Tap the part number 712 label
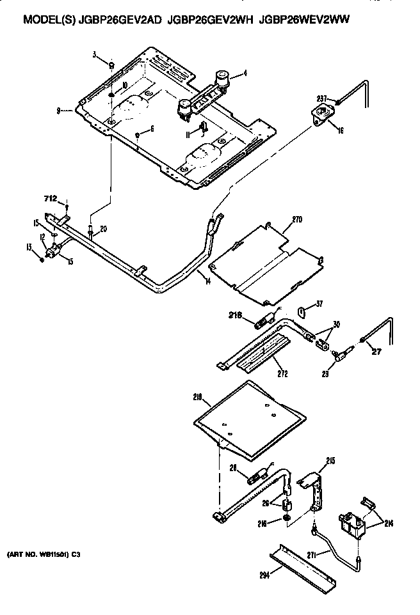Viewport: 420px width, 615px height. tap(50, 199)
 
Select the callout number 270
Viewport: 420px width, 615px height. tap(296, 219)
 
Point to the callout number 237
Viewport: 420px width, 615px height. tap(321, 98)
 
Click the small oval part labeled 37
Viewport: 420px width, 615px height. tap(302, 311)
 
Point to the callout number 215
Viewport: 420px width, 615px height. tap(330, 460)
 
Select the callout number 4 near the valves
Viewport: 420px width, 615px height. tap(244, 75)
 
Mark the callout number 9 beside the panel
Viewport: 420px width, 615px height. tap(58, 111)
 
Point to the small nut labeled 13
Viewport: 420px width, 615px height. tap(42, 259)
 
